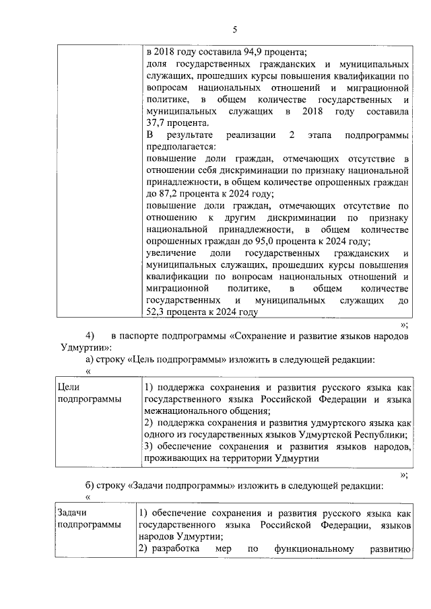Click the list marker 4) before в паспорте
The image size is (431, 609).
click(91, 336)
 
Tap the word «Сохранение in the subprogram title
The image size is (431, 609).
click(259, 336)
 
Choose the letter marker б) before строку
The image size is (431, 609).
click(83, 485)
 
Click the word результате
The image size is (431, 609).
click(196, 135)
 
